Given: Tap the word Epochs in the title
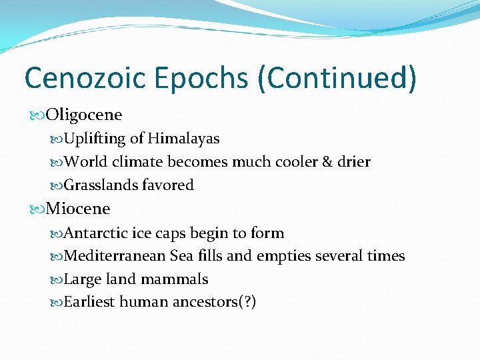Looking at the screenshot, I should [203, 77].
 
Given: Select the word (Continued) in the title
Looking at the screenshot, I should [338, 77].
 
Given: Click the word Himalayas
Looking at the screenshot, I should [184, 139].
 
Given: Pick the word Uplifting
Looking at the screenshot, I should [95, 139].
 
